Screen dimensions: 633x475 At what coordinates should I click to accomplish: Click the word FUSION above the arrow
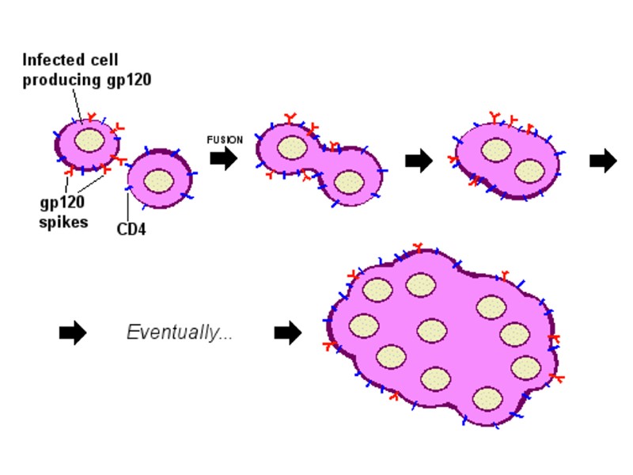[x=225, y=140]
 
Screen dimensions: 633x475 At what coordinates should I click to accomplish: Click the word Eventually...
[x=180, y=333]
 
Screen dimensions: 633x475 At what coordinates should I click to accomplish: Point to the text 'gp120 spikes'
[x=64, y=211]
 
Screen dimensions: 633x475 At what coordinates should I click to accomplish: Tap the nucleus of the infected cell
[x=89, y=141]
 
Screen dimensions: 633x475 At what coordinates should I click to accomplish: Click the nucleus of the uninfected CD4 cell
[x=159, y=180]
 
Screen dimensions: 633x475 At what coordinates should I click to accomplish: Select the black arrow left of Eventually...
[x=73, y=333]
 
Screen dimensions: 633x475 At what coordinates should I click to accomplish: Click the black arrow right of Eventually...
[x=288, y=333]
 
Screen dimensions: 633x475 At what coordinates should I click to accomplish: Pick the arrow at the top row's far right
[x=603, y=161]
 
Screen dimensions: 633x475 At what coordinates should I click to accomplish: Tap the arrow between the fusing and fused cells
[x=419, y=161]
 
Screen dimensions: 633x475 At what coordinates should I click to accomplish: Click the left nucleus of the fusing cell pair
[x=292, y=148]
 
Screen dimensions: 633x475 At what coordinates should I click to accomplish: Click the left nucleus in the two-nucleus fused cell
[x=496, y=150]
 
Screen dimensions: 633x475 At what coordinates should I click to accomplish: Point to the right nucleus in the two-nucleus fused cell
[x=529, y=171]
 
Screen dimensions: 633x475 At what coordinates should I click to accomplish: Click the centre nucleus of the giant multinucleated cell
[x=431, y=331]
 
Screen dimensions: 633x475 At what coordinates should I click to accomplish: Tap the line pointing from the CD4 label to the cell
[x=127, y=207]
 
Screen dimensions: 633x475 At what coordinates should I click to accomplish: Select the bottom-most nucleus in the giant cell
[x=487, y=397]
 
